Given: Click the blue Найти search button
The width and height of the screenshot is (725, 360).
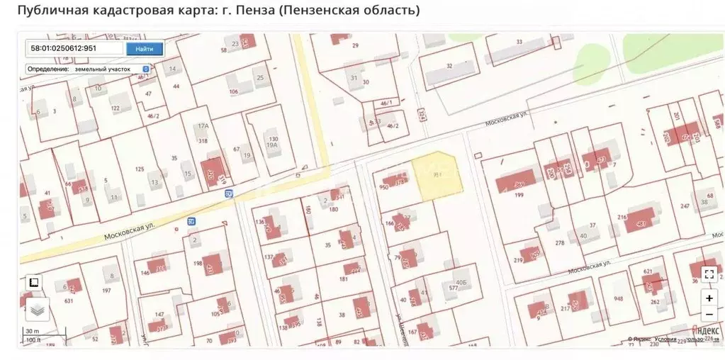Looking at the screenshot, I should (144, 49).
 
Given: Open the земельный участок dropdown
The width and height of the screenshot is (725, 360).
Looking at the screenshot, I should (89, 69).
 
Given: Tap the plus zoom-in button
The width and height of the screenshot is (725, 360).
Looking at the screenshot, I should (709, 298).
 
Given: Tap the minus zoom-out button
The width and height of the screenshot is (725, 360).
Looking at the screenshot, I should (709, 315).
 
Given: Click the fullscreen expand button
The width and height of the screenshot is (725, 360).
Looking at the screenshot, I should (709, 274).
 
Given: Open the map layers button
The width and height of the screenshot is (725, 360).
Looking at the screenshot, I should (38, 309).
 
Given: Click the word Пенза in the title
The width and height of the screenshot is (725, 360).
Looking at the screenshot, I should (254, 10).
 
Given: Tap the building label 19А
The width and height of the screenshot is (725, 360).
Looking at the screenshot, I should (271, 145).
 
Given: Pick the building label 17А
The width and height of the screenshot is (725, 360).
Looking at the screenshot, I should (203, 126).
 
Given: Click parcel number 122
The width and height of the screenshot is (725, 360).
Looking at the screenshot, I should (115, 108).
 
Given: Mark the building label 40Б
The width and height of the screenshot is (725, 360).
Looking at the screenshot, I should (461, 282).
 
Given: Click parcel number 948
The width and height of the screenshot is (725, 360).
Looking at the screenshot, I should (618, 298).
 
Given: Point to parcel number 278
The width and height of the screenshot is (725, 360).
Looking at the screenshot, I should (559, 243).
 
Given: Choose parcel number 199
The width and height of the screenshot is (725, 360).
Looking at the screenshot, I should (519, 195).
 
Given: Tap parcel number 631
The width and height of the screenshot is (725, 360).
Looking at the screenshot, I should (69, 300).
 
